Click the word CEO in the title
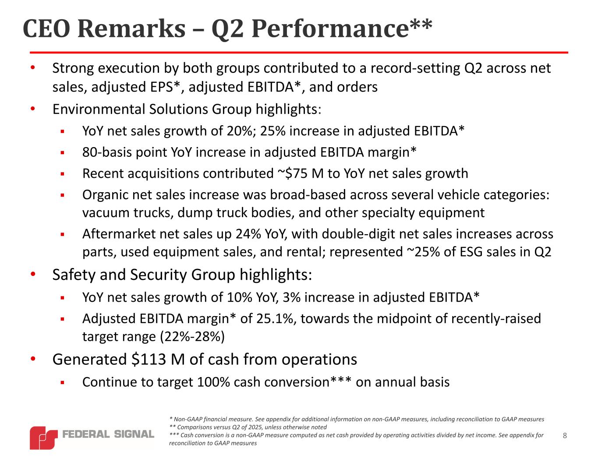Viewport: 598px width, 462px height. coord(46,28)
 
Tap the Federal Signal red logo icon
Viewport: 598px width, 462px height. coord(44,438)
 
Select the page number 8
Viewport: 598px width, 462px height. coord(565,435)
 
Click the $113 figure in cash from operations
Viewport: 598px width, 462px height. coord(149,359)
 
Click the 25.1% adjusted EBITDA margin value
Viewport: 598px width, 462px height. coord(276,318)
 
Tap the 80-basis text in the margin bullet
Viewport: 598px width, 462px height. coord(109,152)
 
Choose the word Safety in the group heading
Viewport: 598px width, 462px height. coord(74,275)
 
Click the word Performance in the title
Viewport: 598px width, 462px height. coord(330,29)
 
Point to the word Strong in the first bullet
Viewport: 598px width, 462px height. coord(73,68)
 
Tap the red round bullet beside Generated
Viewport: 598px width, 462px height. coord(33,359)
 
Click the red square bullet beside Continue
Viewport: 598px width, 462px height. coord(63,383)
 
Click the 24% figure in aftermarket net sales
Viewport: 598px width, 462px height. coord(248,234)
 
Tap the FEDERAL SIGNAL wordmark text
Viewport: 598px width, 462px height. coord(108,434)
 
